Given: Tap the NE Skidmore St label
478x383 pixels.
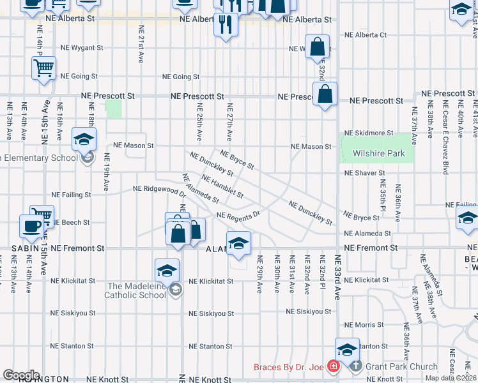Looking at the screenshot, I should pyautogui.click(x=369, y=133).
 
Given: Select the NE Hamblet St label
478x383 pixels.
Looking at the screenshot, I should pyautogui.click(x=222, y=185).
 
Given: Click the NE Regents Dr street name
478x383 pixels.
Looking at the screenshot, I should pyautogui.click(x=238, y=215).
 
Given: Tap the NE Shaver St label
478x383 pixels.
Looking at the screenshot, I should pyautogui.click(x=364, y=173).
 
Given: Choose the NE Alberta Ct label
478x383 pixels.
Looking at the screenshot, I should pyautogui.click(x=366, y=35).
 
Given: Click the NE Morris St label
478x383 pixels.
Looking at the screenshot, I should pyautogui.click(x=364, y=326).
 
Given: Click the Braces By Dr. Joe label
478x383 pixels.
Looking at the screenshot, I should pyautogui.click(x=288, y=367).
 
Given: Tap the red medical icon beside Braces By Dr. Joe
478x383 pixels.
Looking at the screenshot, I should pyautogui.click(x=332, y=366).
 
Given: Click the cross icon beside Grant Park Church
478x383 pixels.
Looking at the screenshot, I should pyautogui.click(x=356, y=366).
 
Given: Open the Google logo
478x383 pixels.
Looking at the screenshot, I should pyautogui.click(x=21, y=375).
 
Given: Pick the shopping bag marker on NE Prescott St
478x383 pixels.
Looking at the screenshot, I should pyautogui.click(x=325, y=94).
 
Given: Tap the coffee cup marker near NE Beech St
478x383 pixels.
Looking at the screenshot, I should pyautogui.click(x=31, y=226).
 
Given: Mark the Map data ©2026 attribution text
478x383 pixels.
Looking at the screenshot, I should pyautogui.click(x=451, y=378).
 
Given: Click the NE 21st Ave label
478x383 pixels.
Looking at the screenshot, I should pyautogui.click(x=141, y=45).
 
